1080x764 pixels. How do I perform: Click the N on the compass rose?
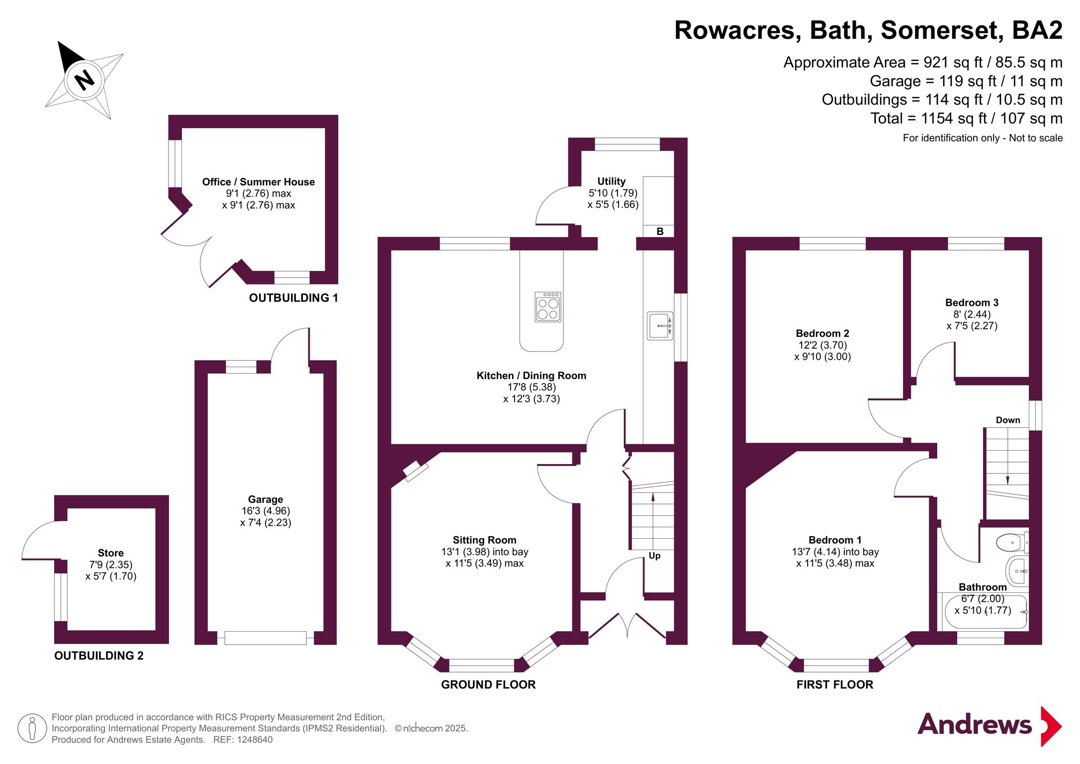(84, 80)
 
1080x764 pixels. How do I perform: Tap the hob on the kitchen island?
(548, 306)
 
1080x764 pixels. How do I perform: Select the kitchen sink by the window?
(659, 326)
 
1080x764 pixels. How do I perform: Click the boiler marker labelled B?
(660, 231)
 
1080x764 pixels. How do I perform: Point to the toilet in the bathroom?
(1011, 543)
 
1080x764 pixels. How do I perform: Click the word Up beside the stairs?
(654, 556)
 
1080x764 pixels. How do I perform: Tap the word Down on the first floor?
(1007, 420)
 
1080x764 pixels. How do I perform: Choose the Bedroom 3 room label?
(972, 302)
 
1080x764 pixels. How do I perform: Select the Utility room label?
(611, 182)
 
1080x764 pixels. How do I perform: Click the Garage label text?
(266, 499)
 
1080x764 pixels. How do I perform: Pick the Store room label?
(110, 553)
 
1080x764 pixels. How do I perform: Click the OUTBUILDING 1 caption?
(293, 298)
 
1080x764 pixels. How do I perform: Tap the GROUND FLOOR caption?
(488, 685)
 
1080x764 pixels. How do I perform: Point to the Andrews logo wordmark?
(974, 725)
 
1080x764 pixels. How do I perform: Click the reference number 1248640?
(255, 740)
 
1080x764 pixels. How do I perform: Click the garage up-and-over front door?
(265, 638)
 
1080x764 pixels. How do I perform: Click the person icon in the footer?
(32, 728)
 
